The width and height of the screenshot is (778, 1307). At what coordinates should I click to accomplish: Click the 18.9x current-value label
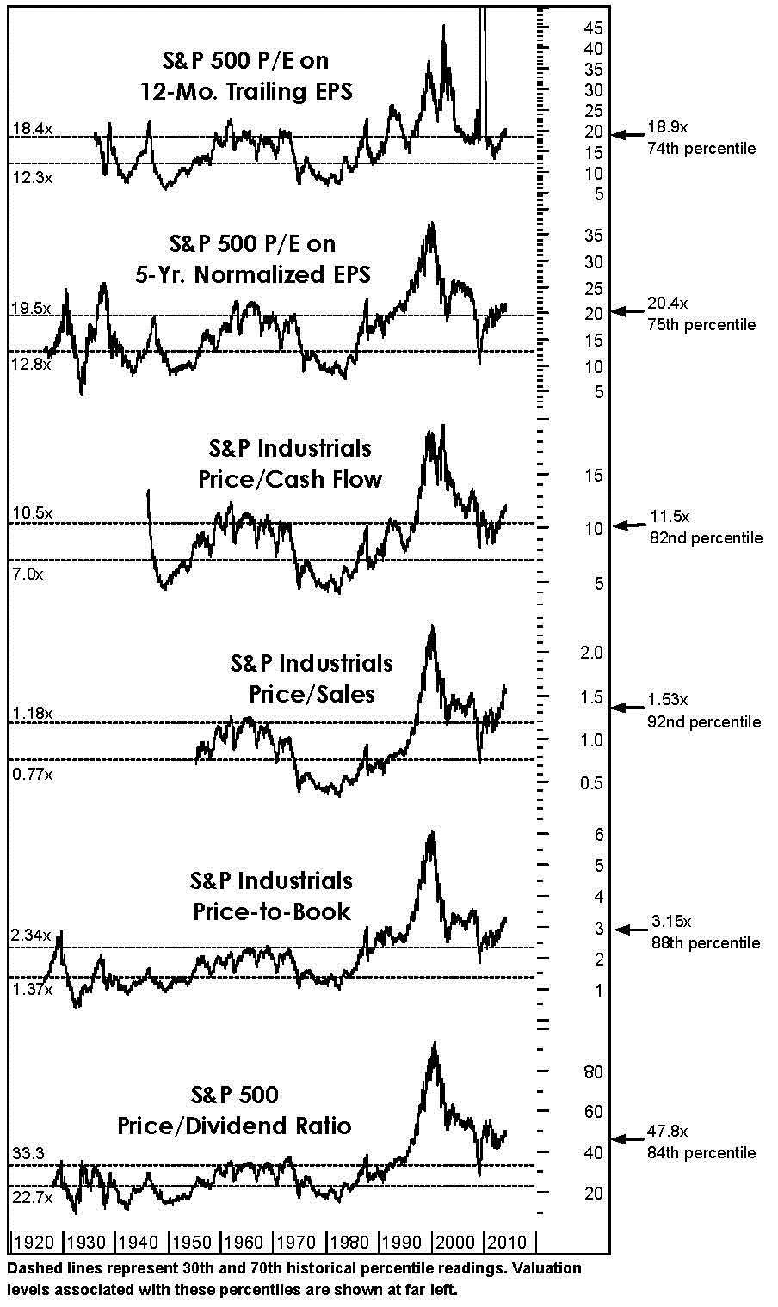(668, 127)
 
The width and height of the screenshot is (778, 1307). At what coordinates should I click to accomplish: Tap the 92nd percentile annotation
(704, 721)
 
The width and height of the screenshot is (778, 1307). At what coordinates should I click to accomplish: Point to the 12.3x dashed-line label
(32, 177)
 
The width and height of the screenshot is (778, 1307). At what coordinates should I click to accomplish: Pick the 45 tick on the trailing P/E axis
(592, 28)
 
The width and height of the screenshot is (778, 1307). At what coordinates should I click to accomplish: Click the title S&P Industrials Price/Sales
(312, 678)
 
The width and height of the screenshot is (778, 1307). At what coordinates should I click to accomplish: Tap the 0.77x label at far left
(32, 774)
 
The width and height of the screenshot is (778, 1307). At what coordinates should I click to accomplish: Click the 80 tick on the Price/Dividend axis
(594, 1071)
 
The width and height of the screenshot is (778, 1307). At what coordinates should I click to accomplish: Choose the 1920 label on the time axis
(34, 1242)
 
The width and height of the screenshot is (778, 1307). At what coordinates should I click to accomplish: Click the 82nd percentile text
(705, 538)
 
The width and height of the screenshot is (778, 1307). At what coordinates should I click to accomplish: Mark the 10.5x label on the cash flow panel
(32, 513)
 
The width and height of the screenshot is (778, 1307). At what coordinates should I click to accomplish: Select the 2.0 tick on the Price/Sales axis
(592, 653)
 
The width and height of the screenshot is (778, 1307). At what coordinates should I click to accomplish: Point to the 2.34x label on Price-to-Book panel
(32, 935)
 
